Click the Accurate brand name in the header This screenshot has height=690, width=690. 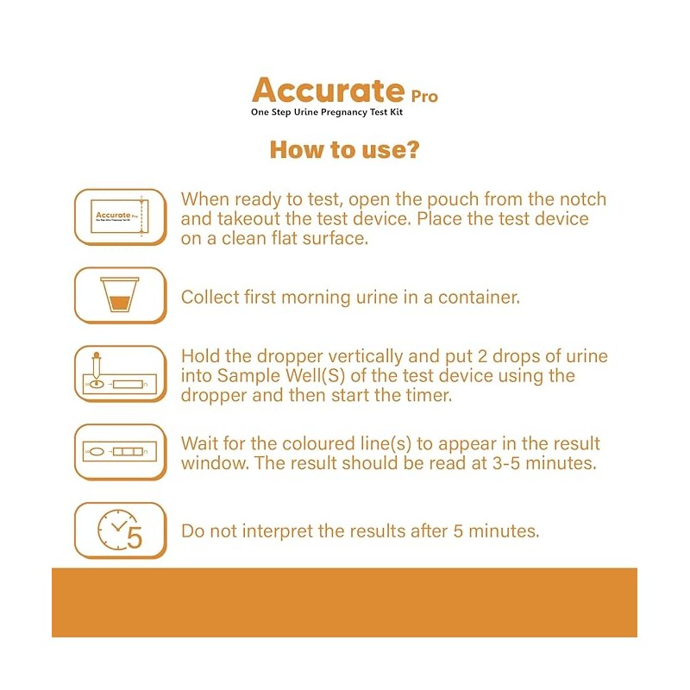328,90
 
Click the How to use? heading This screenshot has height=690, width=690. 344,149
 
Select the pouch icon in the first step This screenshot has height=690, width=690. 120,216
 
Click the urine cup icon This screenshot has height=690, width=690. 120,295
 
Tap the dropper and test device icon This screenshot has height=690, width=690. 120,373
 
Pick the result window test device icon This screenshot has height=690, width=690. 120,451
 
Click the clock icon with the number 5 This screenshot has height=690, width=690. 120,530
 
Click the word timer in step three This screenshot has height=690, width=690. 431,395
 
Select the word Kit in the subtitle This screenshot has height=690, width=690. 396,112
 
